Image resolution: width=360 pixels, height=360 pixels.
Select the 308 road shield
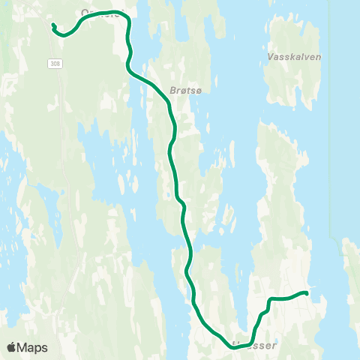click(x=55, y=63)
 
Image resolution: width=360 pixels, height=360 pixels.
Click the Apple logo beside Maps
click(x=13, y=347)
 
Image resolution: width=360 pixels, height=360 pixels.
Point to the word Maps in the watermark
click(x=34, y=347)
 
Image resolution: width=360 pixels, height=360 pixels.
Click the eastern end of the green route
click(x=306, y=292)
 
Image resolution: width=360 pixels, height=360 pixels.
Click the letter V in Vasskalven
click(x=270, y=56)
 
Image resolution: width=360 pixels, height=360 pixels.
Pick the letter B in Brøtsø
click(x=174, y=88)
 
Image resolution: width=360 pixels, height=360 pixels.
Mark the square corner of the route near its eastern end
click(x=269, y=300)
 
